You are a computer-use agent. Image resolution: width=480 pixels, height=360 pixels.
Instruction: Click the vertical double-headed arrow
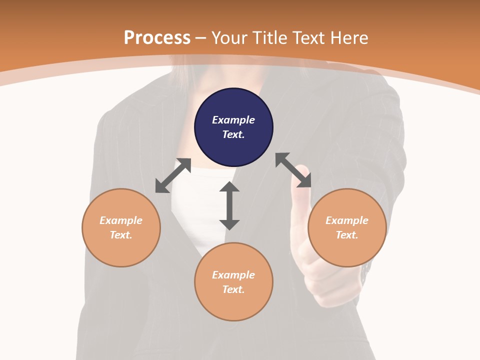pos(229,205)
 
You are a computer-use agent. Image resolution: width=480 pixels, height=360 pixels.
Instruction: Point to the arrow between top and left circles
pos(173,175)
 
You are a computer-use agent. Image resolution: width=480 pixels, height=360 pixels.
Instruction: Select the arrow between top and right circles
pos(293,170)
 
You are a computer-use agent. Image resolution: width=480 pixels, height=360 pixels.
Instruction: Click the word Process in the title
pos(157,37)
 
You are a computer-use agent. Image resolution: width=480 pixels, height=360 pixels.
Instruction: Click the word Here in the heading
pos(349,37)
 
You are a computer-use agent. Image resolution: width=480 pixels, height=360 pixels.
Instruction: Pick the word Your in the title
pos(230,37)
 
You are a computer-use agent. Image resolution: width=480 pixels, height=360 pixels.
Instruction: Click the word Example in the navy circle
pos(233,120)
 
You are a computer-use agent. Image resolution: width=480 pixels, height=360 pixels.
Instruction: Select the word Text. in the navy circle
pos(233,134)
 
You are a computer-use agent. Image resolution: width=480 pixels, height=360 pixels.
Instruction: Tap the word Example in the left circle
pos(121,220)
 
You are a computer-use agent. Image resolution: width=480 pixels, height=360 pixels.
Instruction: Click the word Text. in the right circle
pos(347,235)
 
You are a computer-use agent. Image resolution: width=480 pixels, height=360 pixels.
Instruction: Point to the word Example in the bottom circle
pos(233,275)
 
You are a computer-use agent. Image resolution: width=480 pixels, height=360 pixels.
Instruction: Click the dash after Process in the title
pos(200,38)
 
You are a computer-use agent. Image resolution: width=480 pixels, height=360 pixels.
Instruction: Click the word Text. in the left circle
pos(121,235)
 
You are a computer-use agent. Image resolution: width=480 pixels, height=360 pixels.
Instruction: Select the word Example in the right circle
pos(347,220)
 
